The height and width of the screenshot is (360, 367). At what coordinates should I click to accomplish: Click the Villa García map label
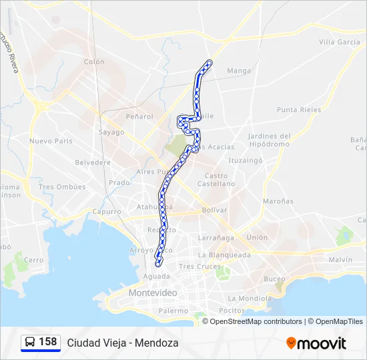click(339, 42)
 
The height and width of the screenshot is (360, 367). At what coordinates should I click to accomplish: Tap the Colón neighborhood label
click(94, 62)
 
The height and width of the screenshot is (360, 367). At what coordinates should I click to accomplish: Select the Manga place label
click(239, 71)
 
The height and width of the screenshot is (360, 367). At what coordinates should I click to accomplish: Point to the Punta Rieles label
click(299, 110)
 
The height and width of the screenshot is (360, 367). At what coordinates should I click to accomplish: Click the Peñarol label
click(139, 116)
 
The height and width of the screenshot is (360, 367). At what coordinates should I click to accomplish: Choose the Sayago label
click(111, 132)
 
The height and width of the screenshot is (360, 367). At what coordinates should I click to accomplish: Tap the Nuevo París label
click(51, 141)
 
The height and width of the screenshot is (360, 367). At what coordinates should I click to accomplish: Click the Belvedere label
click(93, 162)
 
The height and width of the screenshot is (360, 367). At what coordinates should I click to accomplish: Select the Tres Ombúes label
click(63, 187)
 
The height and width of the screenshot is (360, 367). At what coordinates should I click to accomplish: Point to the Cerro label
click(33, 260)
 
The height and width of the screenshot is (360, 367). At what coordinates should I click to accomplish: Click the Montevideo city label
click(153, 293)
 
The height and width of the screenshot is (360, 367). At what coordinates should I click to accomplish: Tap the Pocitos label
click(232, 311)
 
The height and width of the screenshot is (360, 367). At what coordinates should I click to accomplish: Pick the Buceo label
click(274, 279)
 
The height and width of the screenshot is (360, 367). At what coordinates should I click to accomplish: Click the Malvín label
click(340, 259)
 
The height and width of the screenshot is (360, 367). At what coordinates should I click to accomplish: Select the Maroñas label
click(278, 201)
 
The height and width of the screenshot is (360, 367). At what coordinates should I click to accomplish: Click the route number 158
click(47, 342)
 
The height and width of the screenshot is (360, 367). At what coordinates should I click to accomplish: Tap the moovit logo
click(316, 343)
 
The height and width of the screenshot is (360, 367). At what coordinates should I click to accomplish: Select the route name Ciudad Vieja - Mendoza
click(122, 343)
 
